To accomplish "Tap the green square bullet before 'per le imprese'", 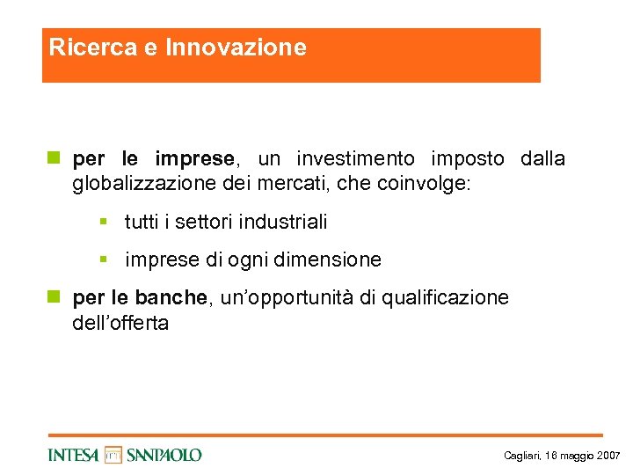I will pyautogui.click(x=53, y=159).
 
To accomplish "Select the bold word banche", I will pyautogui.click(x=173, y=298).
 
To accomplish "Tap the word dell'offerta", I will pyautogui.click(x=120, y=323).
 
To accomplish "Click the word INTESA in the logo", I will pyautogui.click(x=74, y=455).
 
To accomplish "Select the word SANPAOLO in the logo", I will pyautogui.click(x=164, y=455).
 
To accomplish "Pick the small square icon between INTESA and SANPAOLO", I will pyautogui.click(x=113, y=455).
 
